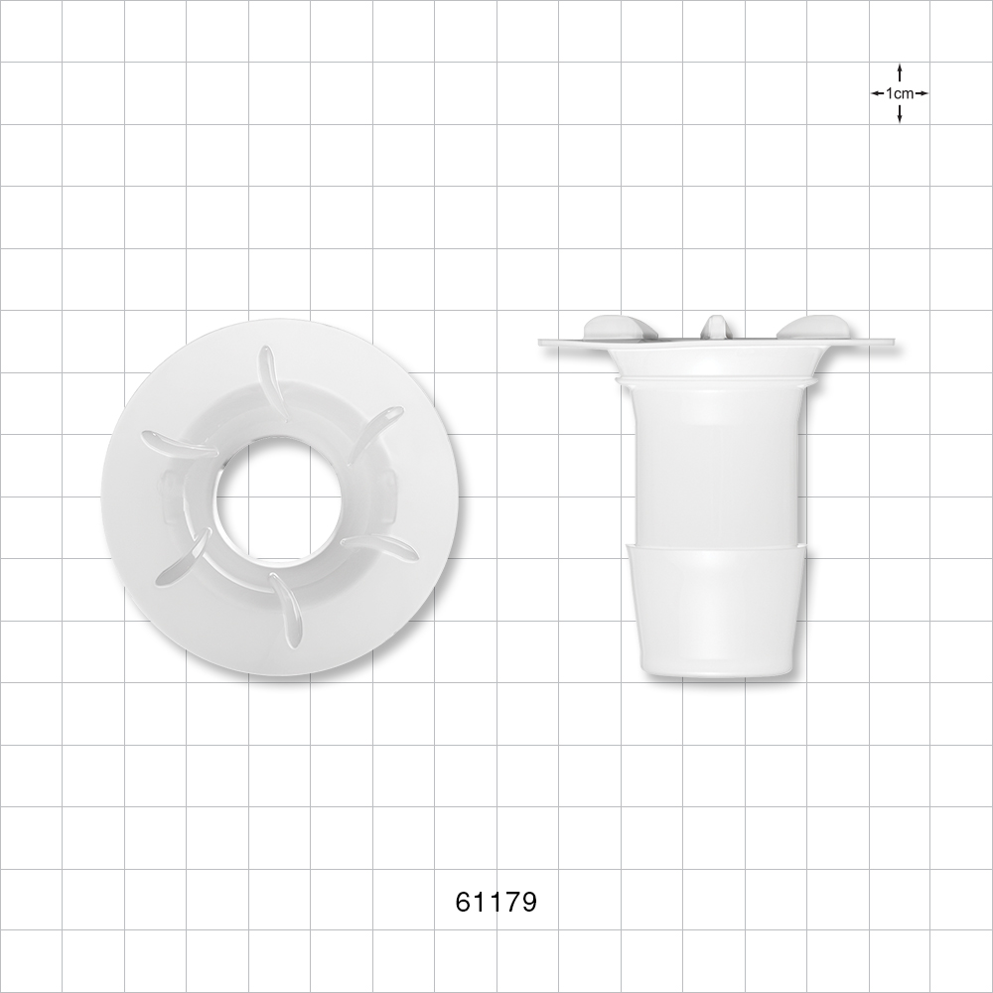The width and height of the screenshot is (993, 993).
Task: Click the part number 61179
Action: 496,902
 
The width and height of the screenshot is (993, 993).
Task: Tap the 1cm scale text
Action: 899,93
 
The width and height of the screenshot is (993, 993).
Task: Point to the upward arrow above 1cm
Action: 899,71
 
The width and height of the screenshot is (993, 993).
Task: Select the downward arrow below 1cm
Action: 899,115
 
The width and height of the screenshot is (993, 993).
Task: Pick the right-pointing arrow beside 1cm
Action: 922,93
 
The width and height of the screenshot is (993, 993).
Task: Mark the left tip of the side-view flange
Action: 542,342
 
